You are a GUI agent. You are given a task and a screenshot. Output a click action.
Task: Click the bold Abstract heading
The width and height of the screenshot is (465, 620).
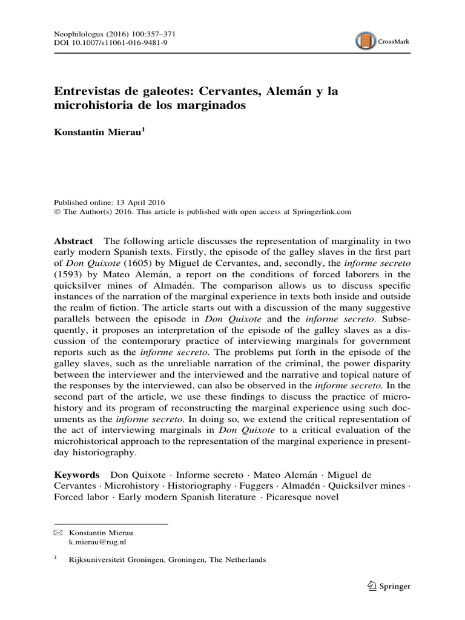(73, 240)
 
